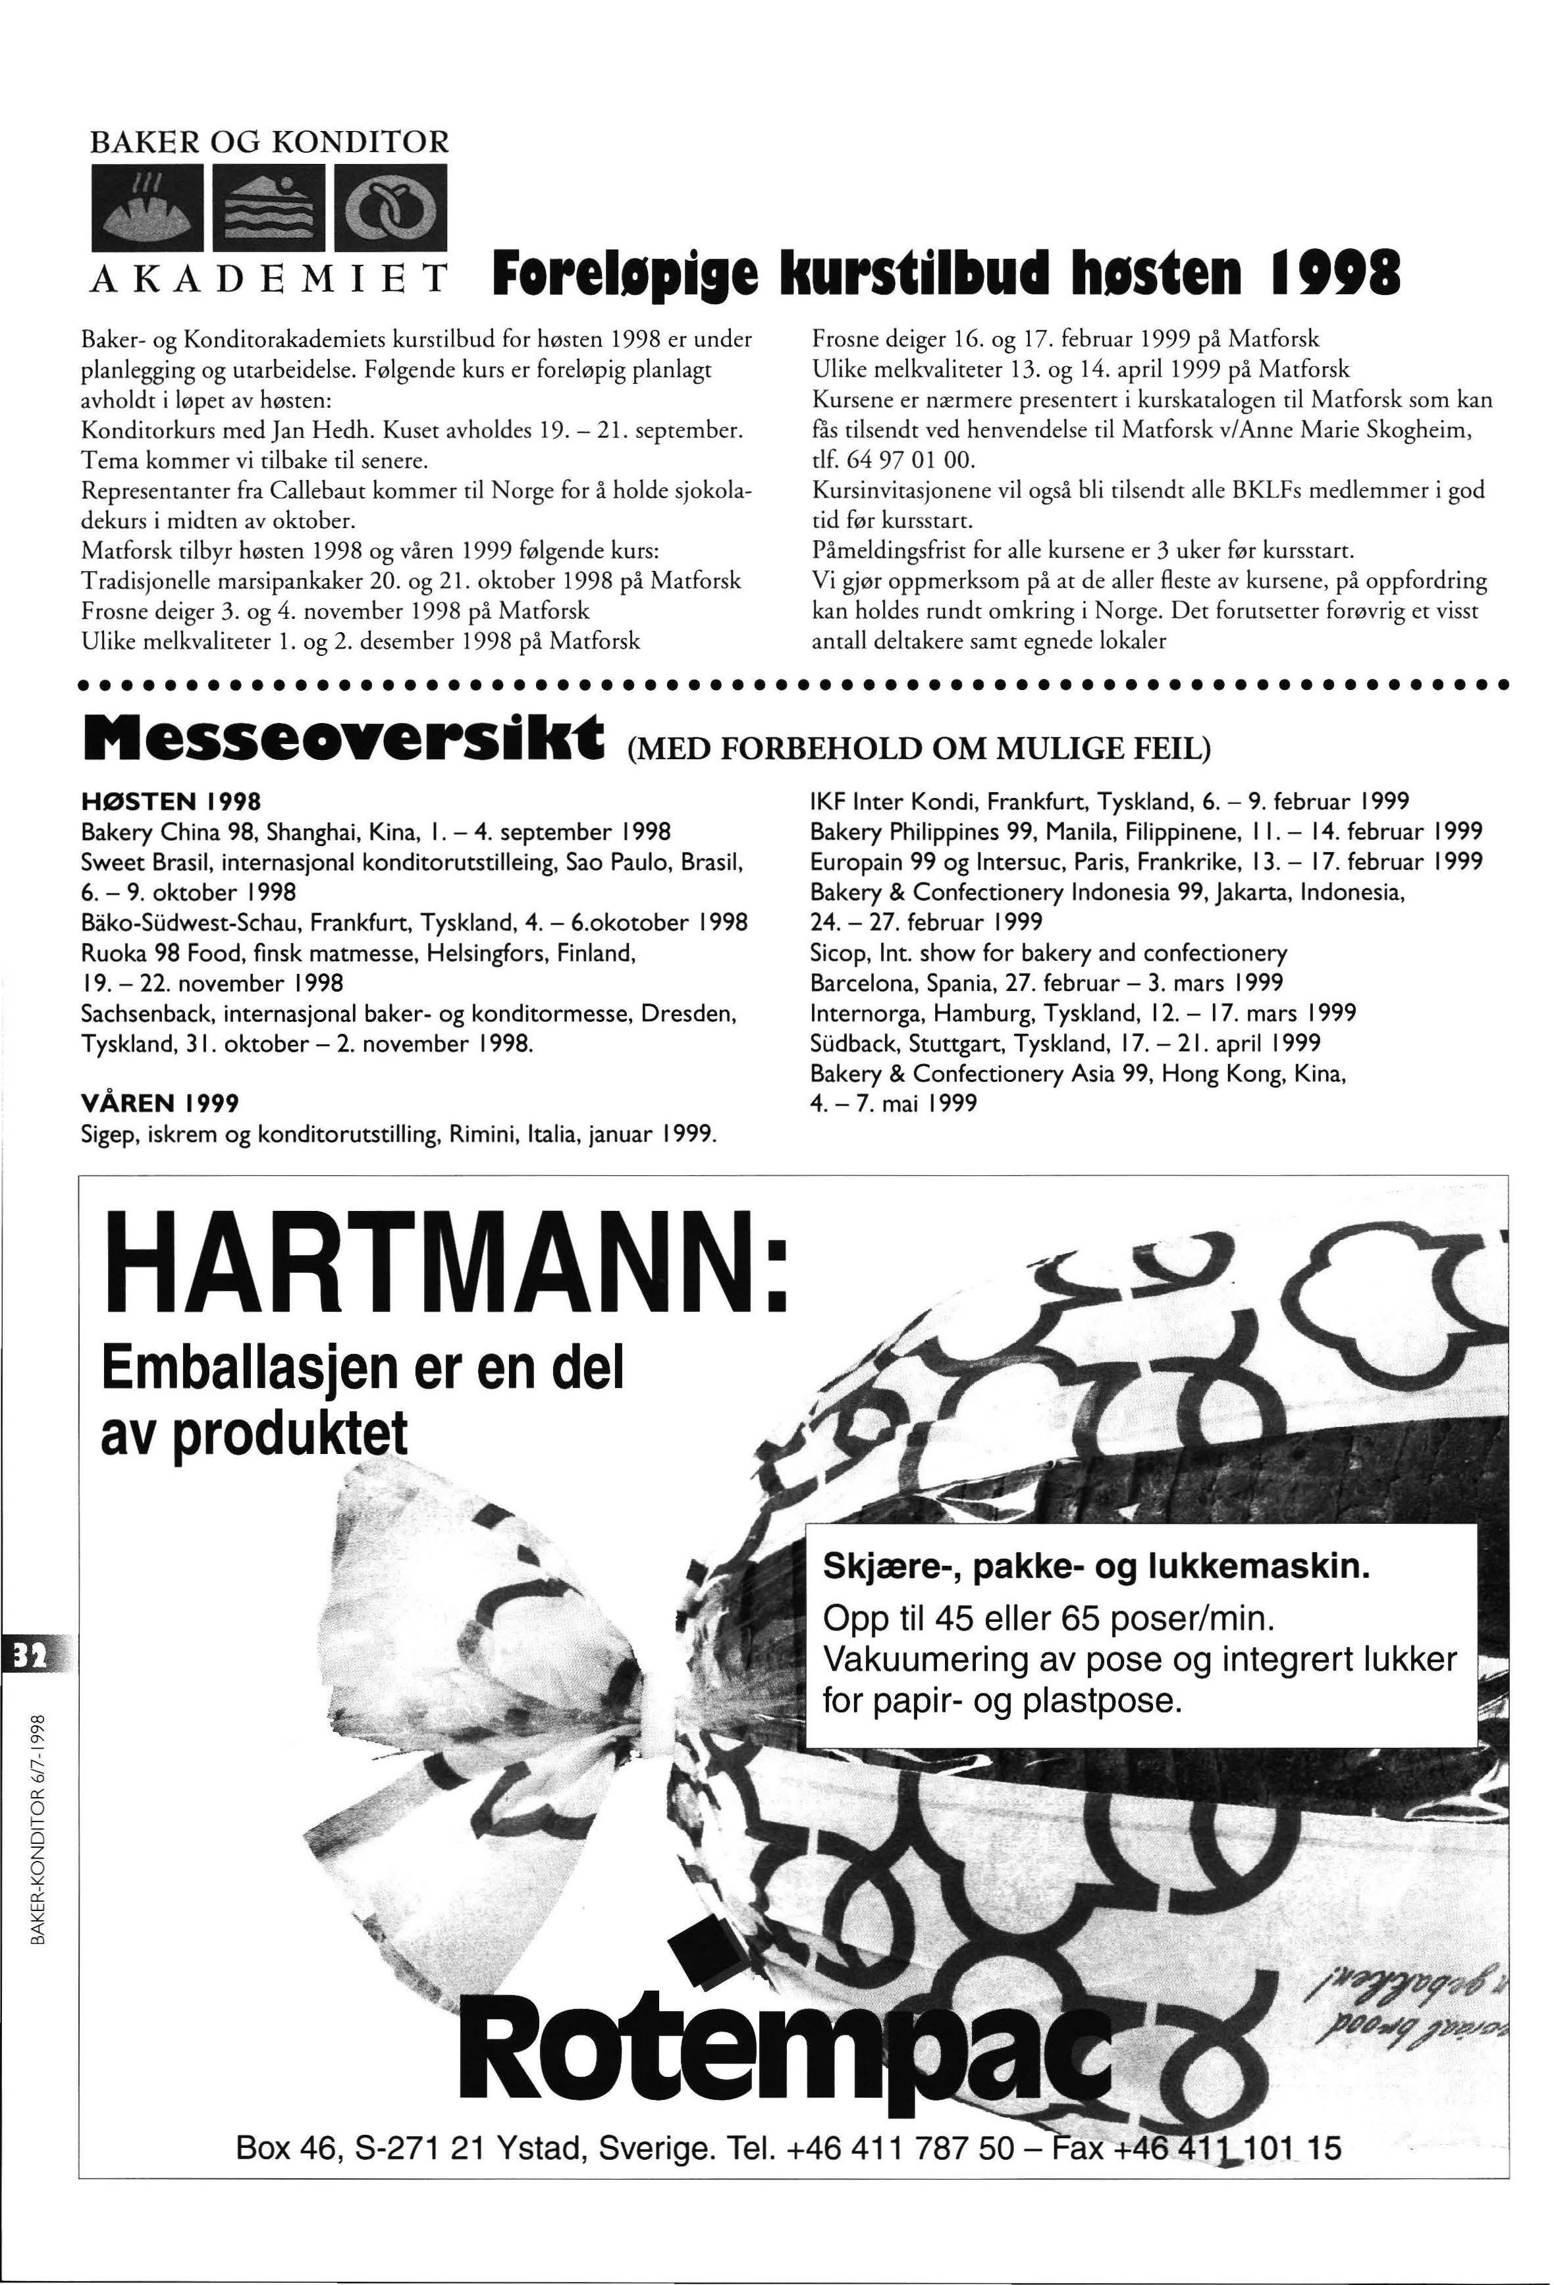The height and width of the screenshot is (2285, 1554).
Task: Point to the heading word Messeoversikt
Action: click(x=344, y=736)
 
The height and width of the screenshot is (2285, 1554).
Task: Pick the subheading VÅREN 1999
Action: click(x=159, y=1104)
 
